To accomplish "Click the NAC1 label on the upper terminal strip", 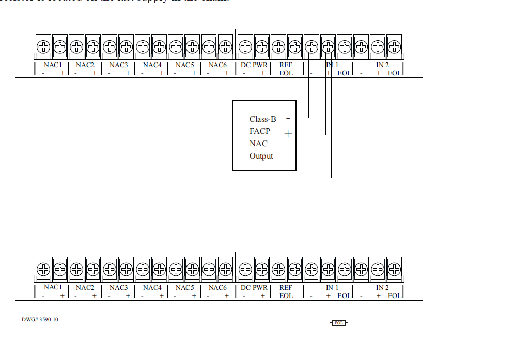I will point(53,65).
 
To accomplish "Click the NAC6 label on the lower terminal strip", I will point(217,287).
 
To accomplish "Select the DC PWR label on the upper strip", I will point(254,65).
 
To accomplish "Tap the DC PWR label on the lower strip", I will point(254,287).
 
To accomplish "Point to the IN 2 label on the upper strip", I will point(382,65).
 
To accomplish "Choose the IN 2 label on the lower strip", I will point(382,287).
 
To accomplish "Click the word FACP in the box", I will point(260,131).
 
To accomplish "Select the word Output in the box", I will point(261,156).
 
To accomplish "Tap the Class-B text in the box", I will point(262,119).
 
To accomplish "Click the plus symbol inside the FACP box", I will point(288,134).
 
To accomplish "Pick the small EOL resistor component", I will point(338,323).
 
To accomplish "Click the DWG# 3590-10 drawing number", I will point(40,319).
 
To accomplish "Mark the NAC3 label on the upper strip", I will point(118,65).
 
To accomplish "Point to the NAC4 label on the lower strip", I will point(152,287).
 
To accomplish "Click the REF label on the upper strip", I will point(286,65).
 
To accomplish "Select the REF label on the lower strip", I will point(286,287).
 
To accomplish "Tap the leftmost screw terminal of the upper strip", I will point(43,47).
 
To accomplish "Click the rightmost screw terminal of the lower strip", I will point(395,269).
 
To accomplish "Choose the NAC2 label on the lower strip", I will point(85,287).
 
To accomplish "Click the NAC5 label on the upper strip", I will point(184,65).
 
